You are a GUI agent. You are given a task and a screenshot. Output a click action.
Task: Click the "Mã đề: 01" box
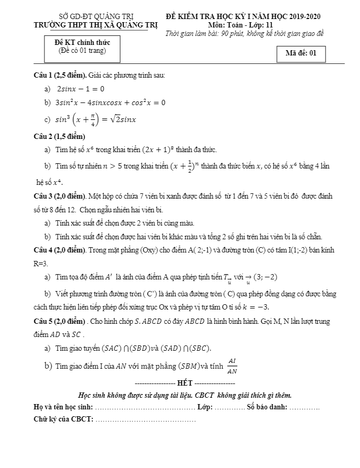point(301,53)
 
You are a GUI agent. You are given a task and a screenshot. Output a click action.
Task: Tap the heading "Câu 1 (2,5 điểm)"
point(60,75)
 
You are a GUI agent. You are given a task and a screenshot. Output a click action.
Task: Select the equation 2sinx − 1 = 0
point(80,89)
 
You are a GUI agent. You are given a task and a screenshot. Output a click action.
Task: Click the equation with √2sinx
point(96,119)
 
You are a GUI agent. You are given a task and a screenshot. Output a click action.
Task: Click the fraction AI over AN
point(232,366)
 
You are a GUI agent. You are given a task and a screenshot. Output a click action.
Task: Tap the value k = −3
point(254,307)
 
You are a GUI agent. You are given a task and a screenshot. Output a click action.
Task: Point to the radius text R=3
point(41,263)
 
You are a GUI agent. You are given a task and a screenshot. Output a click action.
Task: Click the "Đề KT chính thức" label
point(81,43)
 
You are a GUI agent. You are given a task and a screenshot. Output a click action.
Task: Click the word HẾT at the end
point(185,382)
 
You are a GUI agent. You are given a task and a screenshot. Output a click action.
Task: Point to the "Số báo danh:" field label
point(266,407)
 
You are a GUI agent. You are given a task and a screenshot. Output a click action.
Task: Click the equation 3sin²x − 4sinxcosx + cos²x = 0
point(111,103)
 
